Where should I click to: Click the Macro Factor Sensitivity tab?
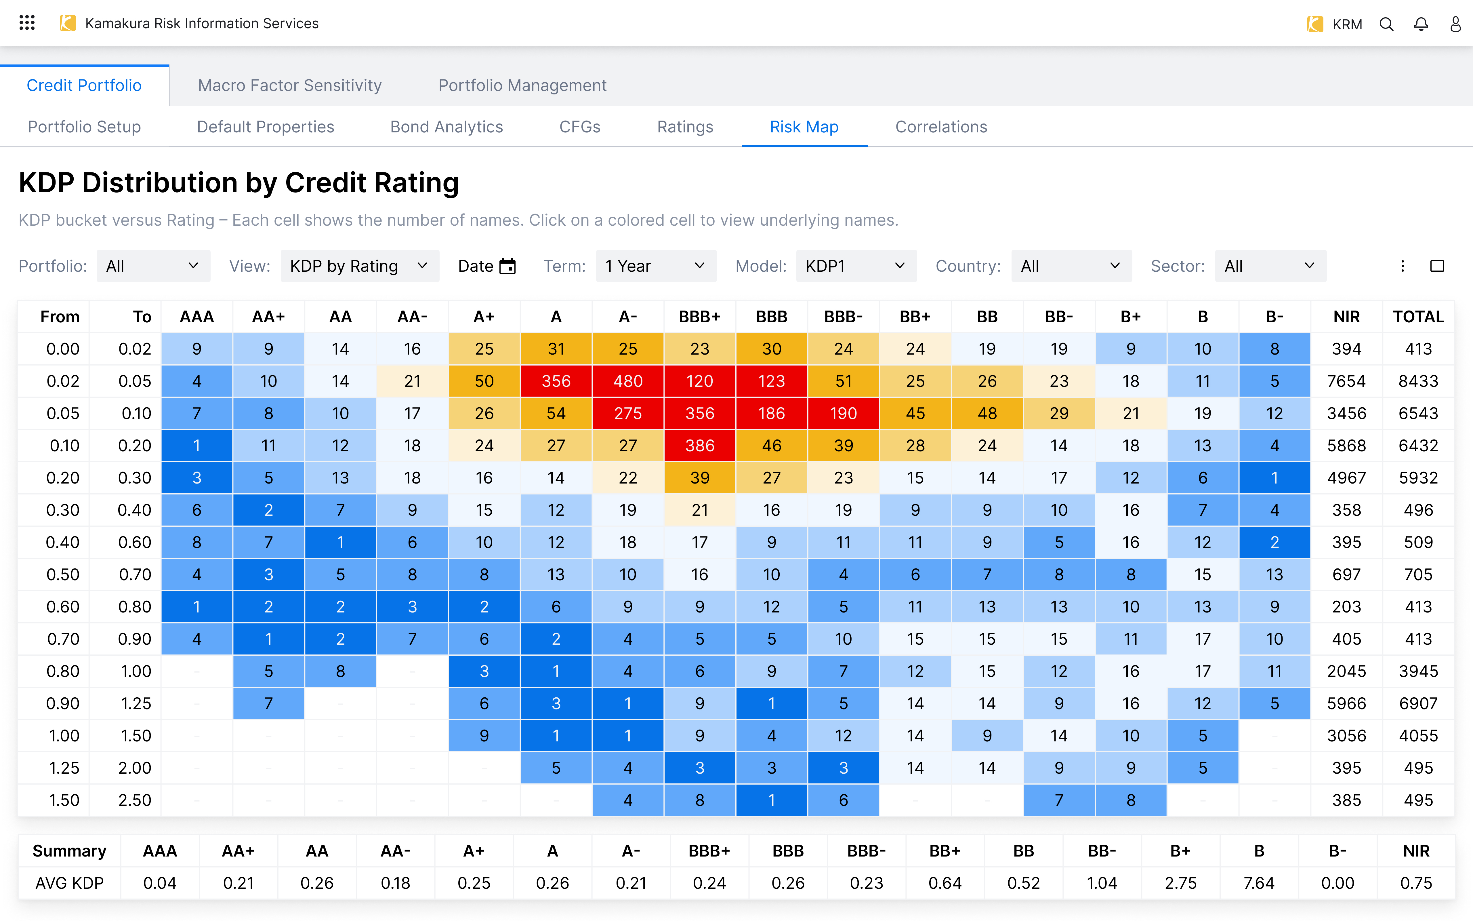pos(290,85)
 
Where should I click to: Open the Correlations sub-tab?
pos(941,127)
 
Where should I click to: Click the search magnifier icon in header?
pos(1387,24)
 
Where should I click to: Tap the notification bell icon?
pos(1421,24)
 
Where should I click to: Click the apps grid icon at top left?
pos(27,23)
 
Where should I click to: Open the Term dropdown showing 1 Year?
pos(656,266)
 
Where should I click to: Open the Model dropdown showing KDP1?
pos(856,266)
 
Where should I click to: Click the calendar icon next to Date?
pos(507,266)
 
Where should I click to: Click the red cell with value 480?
pos(627,381)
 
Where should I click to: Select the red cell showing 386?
pos(699,446)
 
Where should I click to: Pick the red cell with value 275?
pos(627,414)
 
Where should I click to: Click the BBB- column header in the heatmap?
pos(843,317)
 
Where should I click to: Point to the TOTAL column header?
pos(1418,317)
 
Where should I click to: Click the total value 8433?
pos(1418,381)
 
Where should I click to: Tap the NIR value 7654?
pos(1346,381)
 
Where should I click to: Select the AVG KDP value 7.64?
pos(1259,883)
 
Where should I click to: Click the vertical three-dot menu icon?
pos(1403,266)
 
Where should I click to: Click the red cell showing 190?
pos(843,414)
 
